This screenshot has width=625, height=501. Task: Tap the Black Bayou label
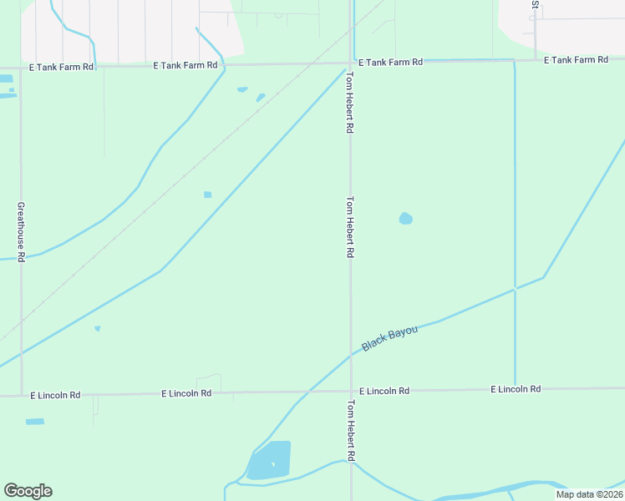pos(389,338)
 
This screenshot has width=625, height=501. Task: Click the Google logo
pos(28,491)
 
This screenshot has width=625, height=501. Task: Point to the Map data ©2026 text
pos(588,494)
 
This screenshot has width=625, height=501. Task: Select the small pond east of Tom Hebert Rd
pos(405,219)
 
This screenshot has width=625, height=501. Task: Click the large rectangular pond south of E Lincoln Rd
pos(271,461)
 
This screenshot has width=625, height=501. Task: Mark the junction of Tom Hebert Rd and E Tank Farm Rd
pos(350,63)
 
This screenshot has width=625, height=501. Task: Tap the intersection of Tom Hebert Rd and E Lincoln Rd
pos(350,391)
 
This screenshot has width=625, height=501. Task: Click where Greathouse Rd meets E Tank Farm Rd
pos(20,66)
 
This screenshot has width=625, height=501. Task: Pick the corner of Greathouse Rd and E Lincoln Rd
pos(21,394)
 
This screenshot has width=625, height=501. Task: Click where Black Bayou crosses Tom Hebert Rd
pos(350,355)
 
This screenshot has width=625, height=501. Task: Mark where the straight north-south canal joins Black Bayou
pos(515,289)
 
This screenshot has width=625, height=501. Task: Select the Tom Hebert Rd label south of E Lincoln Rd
pos(351,431)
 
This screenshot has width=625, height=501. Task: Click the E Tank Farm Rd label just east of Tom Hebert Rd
pos(390,63)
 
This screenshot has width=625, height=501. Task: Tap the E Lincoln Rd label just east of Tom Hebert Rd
pos(384,391)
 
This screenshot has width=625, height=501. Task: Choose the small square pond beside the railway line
pos(207,195)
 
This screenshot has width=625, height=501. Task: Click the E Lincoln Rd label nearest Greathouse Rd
pos(55,394)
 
